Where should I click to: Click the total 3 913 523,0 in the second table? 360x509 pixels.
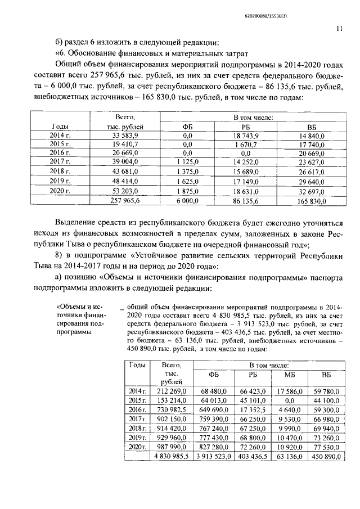[x=214, y=456]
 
